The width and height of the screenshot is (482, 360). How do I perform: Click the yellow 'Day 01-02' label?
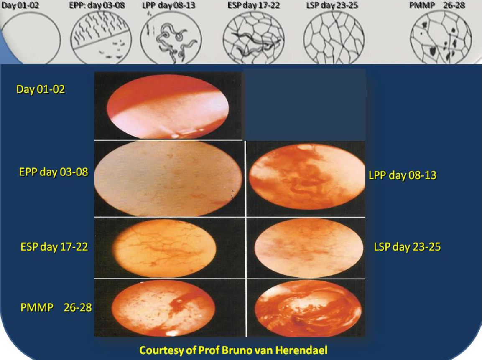41,89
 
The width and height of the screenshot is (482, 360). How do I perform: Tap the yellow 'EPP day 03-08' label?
54,172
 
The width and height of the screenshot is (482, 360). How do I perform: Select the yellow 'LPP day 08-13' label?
403,175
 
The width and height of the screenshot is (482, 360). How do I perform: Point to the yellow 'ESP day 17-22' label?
54,247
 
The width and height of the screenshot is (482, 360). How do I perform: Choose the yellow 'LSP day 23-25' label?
407,247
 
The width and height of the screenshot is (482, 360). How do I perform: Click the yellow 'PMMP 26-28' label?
56,307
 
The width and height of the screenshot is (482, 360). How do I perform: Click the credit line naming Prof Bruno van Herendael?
233,350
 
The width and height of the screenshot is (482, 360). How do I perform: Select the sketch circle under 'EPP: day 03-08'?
101,38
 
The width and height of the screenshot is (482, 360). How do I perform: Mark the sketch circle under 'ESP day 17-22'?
254,38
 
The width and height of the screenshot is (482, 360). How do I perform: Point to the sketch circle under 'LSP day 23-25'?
334,38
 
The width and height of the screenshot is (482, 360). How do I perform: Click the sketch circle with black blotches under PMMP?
441,38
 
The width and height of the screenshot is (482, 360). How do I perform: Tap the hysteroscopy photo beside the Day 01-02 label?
168,106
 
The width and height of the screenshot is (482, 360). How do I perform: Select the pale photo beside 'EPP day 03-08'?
168,178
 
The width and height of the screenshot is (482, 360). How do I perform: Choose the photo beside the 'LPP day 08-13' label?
307,177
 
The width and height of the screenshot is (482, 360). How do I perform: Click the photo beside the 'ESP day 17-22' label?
165,248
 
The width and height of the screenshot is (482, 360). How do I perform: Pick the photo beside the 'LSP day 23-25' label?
309,248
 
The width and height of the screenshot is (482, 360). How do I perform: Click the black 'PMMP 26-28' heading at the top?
437,5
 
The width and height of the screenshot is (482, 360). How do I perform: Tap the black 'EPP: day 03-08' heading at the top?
97,5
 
